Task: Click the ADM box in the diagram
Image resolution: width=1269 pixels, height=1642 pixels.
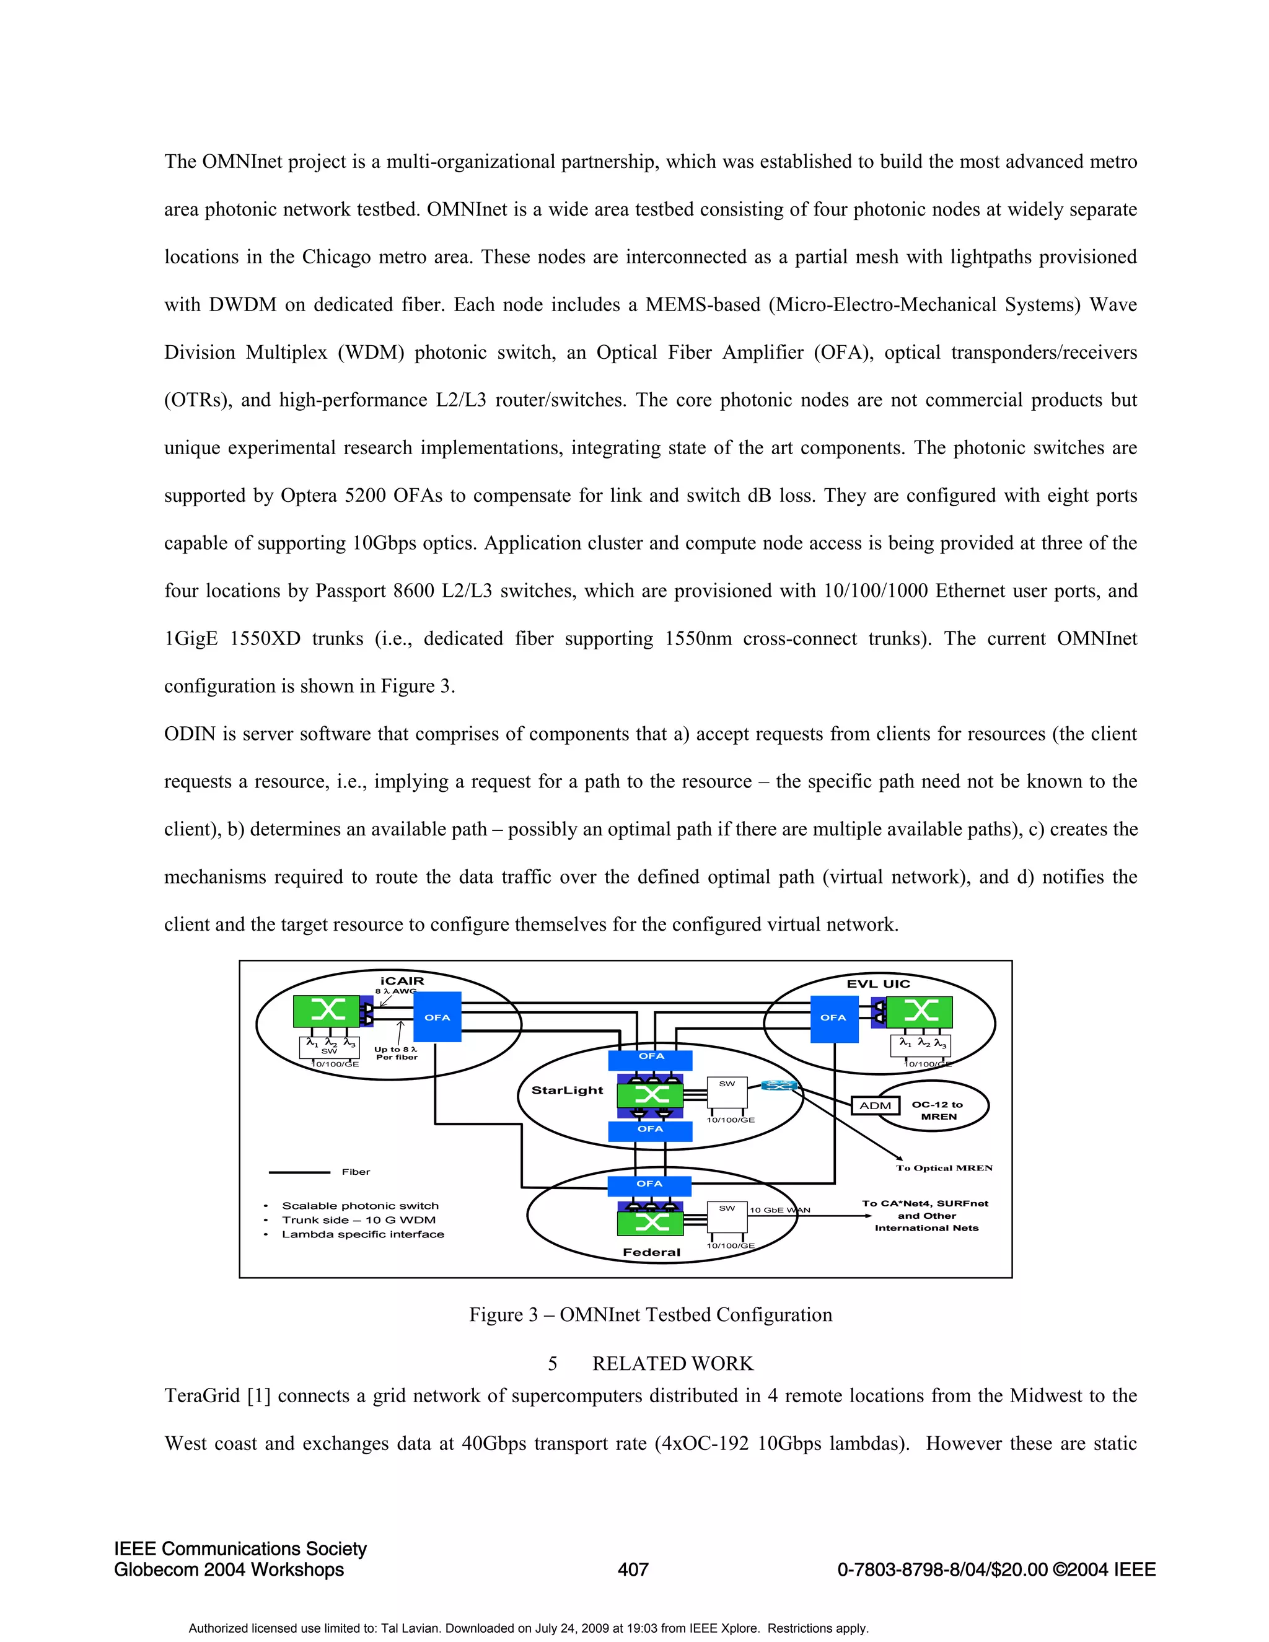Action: point(875,1106)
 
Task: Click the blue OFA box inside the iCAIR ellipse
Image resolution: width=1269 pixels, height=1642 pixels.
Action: point(437,1017)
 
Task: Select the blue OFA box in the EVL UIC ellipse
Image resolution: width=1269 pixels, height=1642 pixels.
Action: point(834,1017)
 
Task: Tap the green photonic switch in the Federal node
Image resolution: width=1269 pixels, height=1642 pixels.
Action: point(650,1223)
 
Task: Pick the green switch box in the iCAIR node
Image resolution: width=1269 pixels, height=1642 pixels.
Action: point(327,1011)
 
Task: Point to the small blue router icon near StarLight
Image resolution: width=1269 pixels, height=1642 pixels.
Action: point(779,1086)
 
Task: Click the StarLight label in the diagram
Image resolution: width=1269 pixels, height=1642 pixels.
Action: point(567,1090)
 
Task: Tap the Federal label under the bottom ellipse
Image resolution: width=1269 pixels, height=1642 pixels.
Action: point(651,1252)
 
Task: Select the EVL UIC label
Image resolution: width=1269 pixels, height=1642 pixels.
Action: point(878,983)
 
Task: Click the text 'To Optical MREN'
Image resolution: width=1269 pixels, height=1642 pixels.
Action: point(944,1167)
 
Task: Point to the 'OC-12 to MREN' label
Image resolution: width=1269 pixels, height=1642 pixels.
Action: point(937,1110)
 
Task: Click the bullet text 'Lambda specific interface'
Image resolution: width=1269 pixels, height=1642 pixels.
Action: point(362,1234)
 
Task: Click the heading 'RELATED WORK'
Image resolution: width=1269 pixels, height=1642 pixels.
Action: point(672,1364)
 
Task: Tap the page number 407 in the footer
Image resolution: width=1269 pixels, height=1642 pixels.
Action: point(633,1569)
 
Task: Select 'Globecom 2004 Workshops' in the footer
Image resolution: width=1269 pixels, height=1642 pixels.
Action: point(229,1569)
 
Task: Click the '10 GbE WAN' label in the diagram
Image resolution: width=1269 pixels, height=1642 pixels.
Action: point(779,1210)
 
